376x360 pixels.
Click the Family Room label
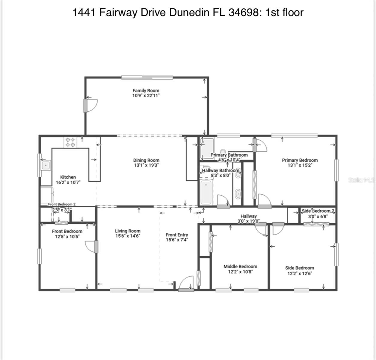[146, 90]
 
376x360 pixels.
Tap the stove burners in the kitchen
[70, 142]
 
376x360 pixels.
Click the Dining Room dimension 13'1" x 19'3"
[146, 165]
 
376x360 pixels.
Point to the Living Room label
[128, 231]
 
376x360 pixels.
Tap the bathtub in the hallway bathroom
[206, 192]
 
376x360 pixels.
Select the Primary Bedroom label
[300, 160]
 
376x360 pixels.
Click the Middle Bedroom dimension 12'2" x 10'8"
[240, 272]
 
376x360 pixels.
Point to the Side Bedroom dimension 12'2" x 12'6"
[300, 273]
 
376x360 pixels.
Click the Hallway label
[248, 216]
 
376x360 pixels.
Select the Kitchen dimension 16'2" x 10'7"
[68, 182]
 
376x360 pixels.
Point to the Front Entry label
[177, 235]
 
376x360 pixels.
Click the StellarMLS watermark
[361, 180]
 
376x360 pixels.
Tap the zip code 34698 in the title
[243, 12]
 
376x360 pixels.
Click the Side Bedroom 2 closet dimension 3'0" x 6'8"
[318, 216]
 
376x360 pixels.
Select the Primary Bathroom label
[229, 155]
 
